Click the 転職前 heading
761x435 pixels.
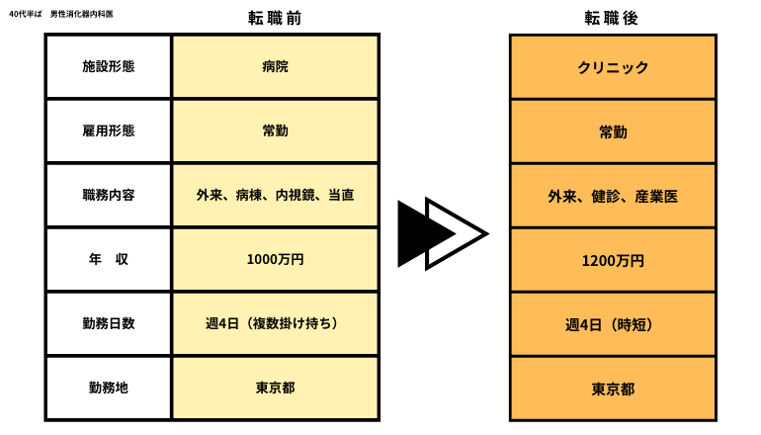tap(275, 18)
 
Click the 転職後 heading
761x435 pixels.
tap(611, 18)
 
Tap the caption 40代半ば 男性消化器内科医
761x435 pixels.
tap(61, 14)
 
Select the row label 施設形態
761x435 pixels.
tap(109, 66)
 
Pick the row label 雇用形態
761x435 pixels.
tap(109, 130)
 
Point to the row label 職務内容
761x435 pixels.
tap(109, 195)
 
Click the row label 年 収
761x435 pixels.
tap(109, 259)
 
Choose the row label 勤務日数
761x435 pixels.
tap(109, 323)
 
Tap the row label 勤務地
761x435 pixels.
tap(109, 388)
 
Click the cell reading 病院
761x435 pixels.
tap(275, 66)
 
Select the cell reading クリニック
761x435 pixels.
tap(613, 67)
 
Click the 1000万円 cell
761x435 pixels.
tap(275, 259)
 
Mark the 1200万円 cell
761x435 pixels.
tap(613, 261)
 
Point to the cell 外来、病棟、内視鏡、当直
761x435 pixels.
tap(275, 195)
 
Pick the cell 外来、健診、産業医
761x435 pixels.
tap(613, 196)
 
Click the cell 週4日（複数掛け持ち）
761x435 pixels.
tap(272, 323)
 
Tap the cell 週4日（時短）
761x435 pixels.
tap(610, 325)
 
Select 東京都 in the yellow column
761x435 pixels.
tap(275, 388)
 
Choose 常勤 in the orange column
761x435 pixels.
tap(613, 131)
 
